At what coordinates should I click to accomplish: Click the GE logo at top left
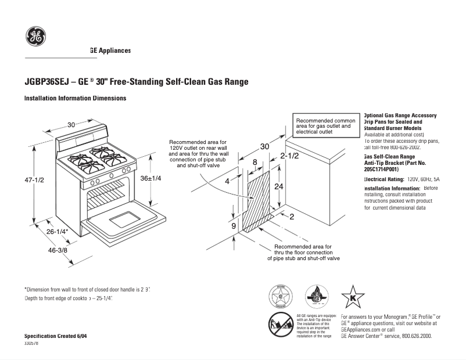[x=35, y=37]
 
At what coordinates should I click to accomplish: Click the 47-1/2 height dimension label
[x=34, y=180]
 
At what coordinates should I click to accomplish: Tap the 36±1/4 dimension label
[x=150, y=178]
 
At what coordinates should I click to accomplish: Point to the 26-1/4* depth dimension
[x=58, y=232]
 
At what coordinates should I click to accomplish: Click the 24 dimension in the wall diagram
[x=279, y=186]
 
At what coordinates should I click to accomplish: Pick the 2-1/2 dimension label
[x=289, y=156]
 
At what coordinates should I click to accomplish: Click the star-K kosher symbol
[x=352, y=297]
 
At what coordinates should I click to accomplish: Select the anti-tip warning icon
[x=280, y=323]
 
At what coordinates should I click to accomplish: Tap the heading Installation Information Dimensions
[x=75, y=99]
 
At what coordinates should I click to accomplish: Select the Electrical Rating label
[x=383, y=179]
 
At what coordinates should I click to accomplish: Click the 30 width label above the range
[x=71, y=125]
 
